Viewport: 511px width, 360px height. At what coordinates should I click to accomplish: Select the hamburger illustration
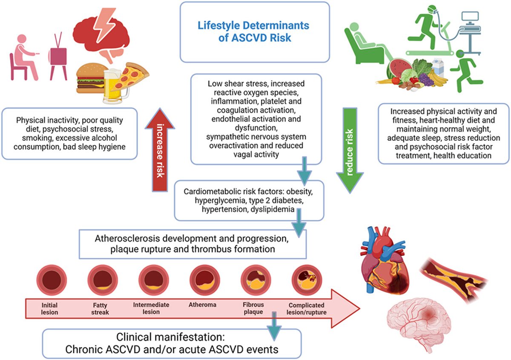[90, 81]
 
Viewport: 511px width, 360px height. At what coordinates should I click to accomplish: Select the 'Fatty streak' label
[100, 309]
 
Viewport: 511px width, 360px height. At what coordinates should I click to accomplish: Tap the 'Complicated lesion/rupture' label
[306, 309]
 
